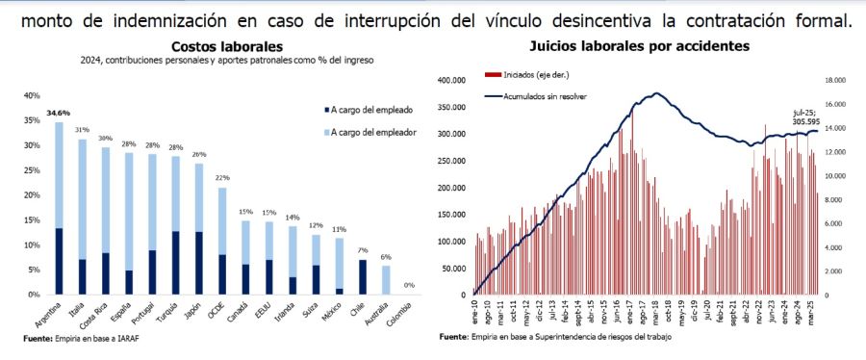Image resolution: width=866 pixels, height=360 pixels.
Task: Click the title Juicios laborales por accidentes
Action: pos(639,46)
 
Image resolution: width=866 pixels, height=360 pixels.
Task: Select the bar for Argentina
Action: pos(60,207)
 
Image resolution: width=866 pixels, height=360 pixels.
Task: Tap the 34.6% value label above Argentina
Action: pos(58,114)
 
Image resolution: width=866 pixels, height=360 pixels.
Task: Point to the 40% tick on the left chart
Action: pos(31,95)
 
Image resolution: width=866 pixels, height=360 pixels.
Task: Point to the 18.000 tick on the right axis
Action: pos(833,81)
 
